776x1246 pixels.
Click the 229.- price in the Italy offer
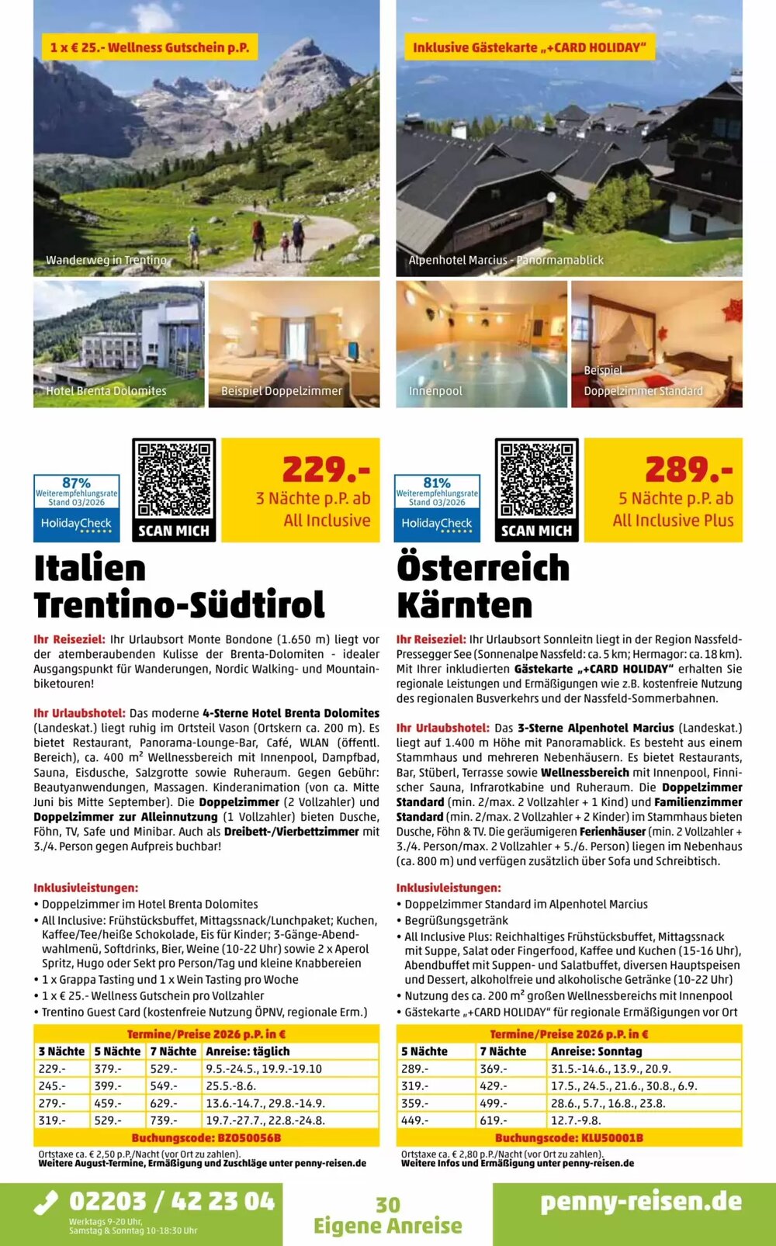coord(325,469)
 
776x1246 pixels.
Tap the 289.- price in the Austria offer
coord(688,469)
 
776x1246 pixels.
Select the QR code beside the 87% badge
coord(174,490)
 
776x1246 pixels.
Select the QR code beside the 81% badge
coord(537,490)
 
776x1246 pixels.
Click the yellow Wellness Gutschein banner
coord(150,47)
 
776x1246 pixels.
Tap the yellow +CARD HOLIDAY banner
coord(529,47)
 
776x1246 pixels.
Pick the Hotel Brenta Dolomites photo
coord(119,344)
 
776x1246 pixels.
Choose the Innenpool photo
coord(482,344)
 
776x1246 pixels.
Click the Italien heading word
coord(90,568)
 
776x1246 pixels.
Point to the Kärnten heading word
coord(464,605)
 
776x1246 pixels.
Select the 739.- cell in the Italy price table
coord(173,1120)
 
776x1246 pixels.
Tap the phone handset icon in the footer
coord(47,1203)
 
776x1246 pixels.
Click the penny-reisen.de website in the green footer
coord(641,1202)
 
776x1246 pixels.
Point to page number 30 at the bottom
coord(388,1205)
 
